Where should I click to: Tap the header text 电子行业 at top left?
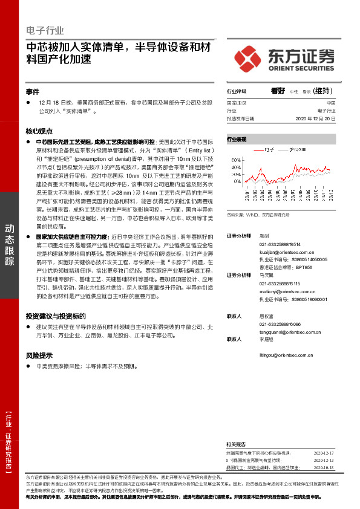pos(45,30)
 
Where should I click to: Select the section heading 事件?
pos(33,92)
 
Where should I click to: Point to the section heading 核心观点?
pos(39,131)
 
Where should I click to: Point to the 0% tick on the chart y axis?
pos(237,181)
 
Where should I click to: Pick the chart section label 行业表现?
pos(237,139)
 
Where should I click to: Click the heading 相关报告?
pos(236,444)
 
